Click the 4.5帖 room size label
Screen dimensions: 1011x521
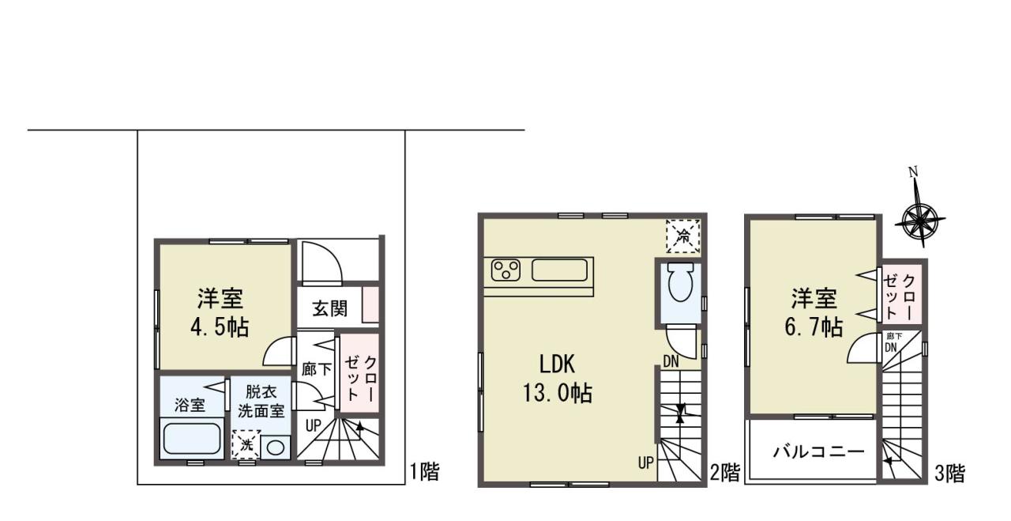pyautogui.click(x=220, y=327)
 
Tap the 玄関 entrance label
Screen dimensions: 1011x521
pyautogui.click(x=330, y=309)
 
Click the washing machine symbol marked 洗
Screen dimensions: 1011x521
pyautogui.click(x=246, y=444)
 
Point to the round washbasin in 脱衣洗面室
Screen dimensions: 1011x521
pyautogui.click(x=276, y=447)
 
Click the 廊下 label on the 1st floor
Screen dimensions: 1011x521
pyautogui.click(x=317, y=369)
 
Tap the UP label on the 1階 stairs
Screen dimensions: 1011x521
pyautogui.click(x=314, y=425)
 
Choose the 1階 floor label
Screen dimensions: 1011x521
pyautogui.click(x=424, y=472)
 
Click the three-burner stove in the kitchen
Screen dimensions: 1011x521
pyautogui.click(x=505, y=270)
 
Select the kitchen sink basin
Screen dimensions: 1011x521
pyautogui.click(x=560, y=270)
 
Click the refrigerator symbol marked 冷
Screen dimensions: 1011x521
pyautogui.click(x=683, y=236)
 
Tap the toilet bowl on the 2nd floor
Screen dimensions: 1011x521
pyautogui.click(x=681, y=282)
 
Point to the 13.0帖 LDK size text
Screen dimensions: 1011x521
pyautogui.click(x=558, y=393)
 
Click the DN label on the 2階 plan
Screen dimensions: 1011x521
pyautogui.click(x=671, y=361)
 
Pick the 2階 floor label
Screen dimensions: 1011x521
pyautogui.click(x=725, y=473)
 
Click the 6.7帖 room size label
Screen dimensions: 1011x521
pyautogui.click(x=814, y=327)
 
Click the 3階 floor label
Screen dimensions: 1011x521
pyautogui.click(x=949, y=474)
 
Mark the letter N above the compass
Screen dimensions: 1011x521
pyautogui.click(x=913, y=172)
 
